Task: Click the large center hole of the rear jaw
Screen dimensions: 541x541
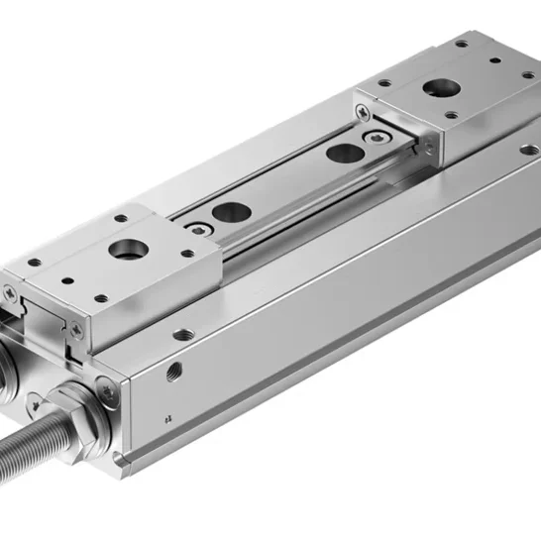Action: (x=436, y=88)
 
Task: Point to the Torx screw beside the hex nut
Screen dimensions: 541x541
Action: (x=110, y=392)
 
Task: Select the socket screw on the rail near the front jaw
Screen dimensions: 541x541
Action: (x=201, y=230)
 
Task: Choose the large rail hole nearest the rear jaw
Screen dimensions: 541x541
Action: (x=344, y=153)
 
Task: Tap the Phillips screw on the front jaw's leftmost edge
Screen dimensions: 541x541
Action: (x=9, y=293)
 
